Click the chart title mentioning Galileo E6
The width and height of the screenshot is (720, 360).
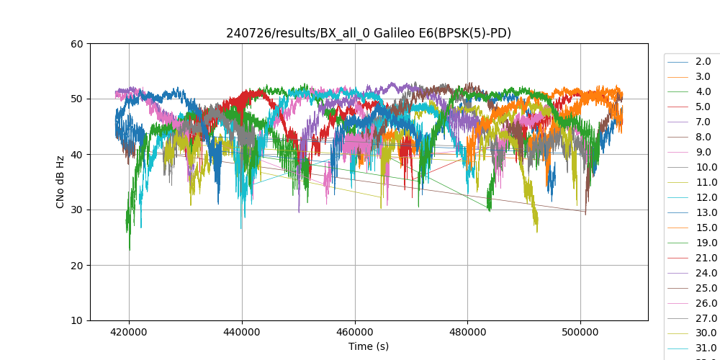[369, 33]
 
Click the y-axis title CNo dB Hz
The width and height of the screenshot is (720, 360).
[60, 182]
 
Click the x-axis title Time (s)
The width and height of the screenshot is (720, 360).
[369, 346]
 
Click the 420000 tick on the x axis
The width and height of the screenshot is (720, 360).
[130, 333]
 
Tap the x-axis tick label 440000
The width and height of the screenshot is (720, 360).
[242, 333]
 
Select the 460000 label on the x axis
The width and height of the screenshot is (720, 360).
[355, 333]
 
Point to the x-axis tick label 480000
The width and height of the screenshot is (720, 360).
[467, 333]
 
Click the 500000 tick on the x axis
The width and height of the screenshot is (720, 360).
[580, 333]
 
